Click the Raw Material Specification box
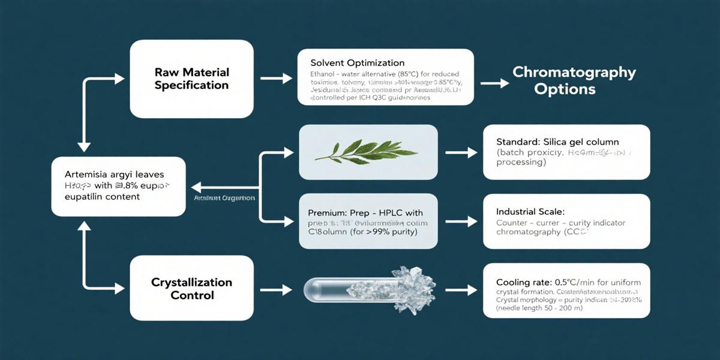(191, 79)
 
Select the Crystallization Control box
(191, 289)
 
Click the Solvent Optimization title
(358, 63)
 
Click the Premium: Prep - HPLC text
(365, 213)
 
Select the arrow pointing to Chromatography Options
(492, 83)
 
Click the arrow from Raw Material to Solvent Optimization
(275, 79)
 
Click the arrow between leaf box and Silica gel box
(460, 152)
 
